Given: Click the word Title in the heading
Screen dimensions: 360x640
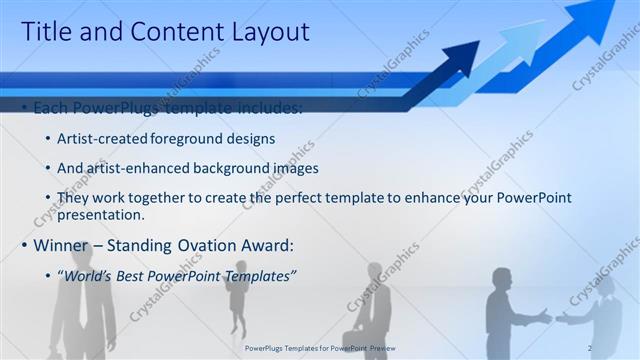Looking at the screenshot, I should [46, 32].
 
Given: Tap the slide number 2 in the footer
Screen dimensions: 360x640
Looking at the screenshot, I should [590, 347].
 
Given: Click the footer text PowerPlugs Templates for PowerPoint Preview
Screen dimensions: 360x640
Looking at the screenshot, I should [320, 347].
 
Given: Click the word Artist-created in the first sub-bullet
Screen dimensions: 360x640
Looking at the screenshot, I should [103, 138].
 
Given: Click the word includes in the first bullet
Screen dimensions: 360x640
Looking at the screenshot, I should [273, 107].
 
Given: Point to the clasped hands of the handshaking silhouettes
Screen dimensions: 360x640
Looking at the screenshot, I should [553, 317].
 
